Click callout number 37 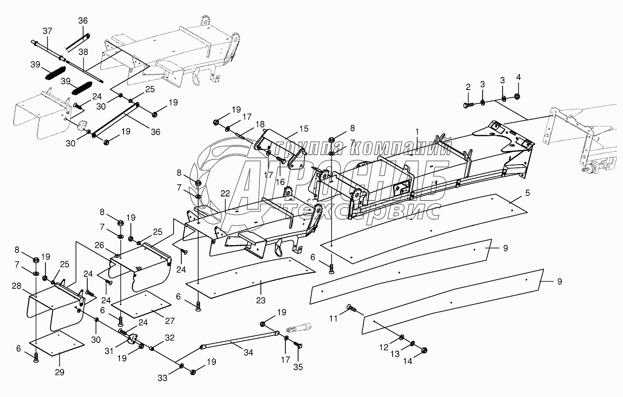(x=47, y=31)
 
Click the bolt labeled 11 (x=352, y=309)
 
